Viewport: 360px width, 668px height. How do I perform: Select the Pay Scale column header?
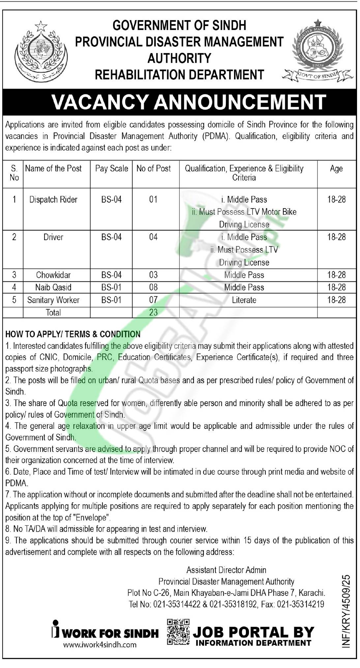(111, 169)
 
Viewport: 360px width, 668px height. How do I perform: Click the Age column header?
(336, 169)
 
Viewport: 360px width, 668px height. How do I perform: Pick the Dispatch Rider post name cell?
(53, 200)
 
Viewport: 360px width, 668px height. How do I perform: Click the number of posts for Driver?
(153, 237)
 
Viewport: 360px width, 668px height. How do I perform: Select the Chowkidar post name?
(53, 275)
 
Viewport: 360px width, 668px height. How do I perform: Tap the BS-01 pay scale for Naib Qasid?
(111, 287)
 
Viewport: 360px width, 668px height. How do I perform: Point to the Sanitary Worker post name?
(53, 300)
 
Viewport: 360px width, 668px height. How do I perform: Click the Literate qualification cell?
(244, 300)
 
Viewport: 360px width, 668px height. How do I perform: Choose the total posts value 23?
(153, 312)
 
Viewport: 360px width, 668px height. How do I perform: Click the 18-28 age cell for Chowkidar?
(336, 275)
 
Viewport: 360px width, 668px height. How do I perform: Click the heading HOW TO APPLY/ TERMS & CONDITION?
(73, 334)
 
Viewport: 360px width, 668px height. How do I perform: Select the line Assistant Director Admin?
(226, 570)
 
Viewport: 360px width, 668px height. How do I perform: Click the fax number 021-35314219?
(300, 604)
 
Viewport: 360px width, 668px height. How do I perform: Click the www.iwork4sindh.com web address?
(100, 644)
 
